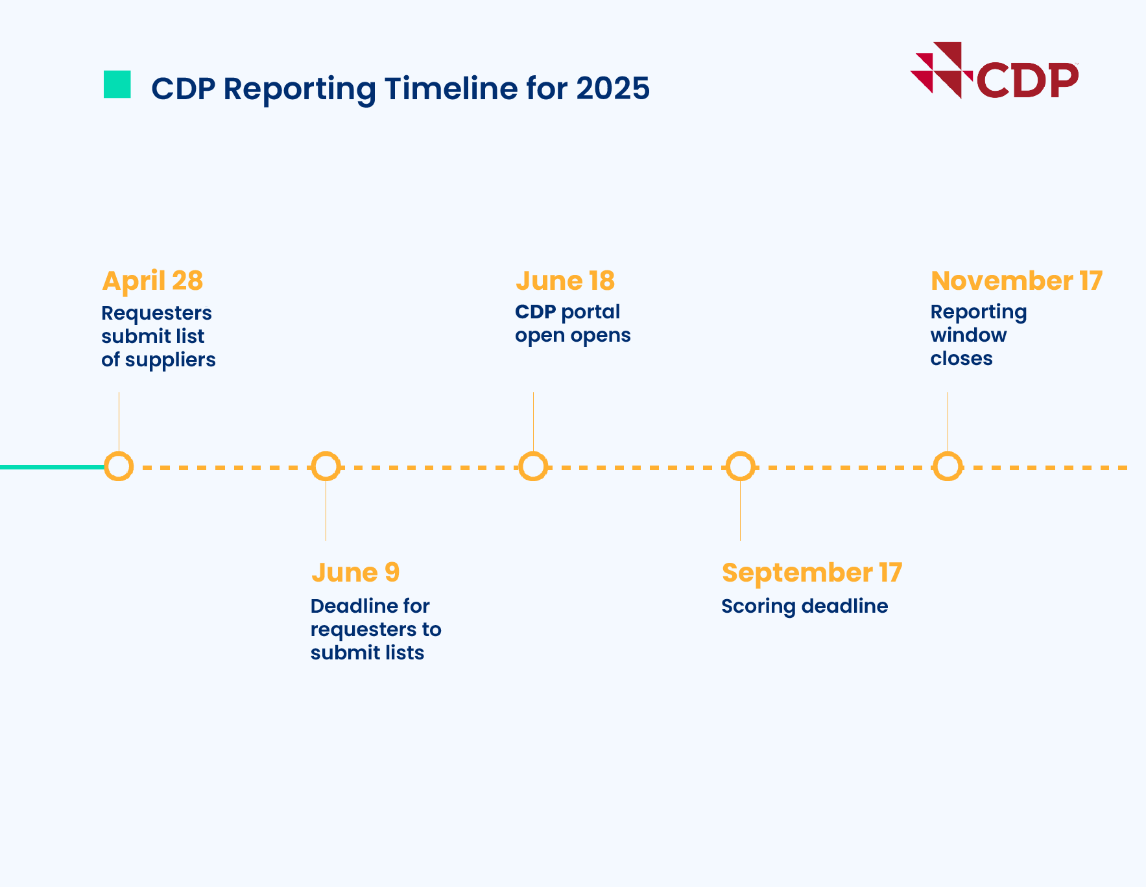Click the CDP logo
[994, 71]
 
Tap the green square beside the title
[117, 84]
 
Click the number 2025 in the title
[613, 88]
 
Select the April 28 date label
[152, 281]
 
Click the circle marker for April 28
[119, 466]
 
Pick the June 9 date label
[355, 573]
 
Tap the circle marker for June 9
[326, 466]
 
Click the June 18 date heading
[565, 281]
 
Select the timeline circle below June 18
[533, 466]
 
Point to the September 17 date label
[811, 573]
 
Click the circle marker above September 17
[740, 466]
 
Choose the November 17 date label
[1016, 281]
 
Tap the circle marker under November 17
[948, 466]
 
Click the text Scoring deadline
[804, 606]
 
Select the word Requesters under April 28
[156, 313]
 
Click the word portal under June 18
[590, 313]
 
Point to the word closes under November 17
[961, 359]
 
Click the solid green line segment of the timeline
[52, 467]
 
